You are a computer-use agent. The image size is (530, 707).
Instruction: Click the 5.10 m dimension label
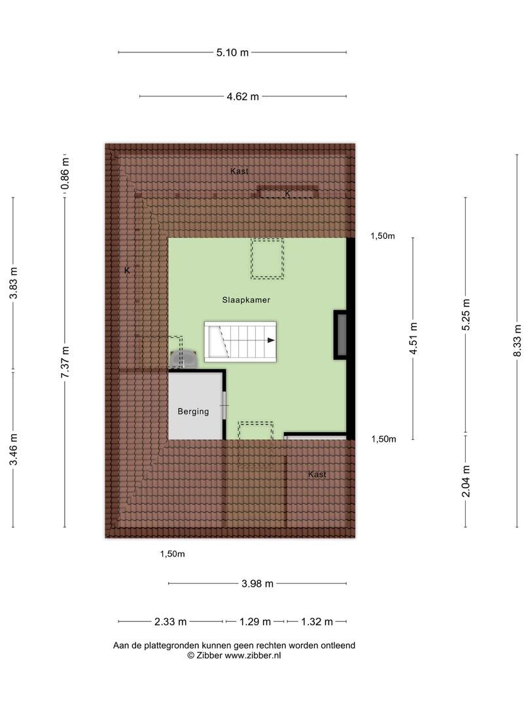(232, 52)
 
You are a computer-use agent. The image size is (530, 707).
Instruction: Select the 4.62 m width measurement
(243, 96)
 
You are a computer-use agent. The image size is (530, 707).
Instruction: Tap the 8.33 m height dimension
(518, 340)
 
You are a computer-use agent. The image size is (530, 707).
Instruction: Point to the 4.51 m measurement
(414, 338)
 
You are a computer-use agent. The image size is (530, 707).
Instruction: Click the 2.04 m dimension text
(466, 481)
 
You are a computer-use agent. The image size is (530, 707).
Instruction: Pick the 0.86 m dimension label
(65, 173)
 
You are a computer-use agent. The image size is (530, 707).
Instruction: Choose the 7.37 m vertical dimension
(65, 362)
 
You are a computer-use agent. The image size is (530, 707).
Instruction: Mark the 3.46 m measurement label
(14, 449)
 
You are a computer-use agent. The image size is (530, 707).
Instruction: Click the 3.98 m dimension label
(257, 583)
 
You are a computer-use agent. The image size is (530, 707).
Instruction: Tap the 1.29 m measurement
(255, 622)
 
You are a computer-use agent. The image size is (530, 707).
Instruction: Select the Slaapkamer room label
(246, 300)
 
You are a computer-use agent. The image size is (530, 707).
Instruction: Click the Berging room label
(193, 411)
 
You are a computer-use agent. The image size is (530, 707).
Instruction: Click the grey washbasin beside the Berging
(184, 358)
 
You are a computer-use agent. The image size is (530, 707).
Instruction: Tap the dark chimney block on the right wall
(341, 335)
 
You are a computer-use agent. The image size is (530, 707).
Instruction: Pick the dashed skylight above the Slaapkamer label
(267, 259)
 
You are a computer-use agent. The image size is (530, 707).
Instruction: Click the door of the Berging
(224, 405)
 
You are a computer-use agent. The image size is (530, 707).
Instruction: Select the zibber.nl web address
(253, 655)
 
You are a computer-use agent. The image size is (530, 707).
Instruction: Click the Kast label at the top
(239, 171)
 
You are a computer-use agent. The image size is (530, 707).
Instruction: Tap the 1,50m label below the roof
(173, 554)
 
